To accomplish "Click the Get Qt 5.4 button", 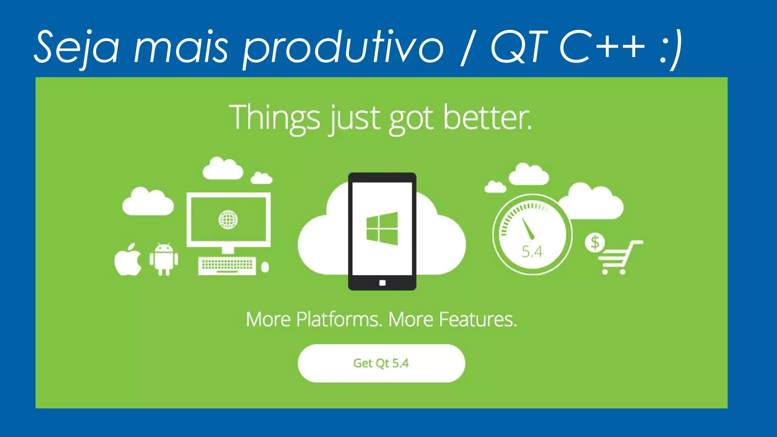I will (x=381, y=363).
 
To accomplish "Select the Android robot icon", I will (x=164, y=259).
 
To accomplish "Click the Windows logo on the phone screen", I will (x=382, y=229).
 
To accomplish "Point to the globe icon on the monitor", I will (x=228, y=220).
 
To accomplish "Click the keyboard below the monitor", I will (x=227, y=266).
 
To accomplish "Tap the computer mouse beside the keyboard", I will (x=265, y=267).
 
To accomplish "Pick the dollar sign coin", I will (x=595, y=243).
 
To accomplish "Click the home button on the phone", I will (x=382, y=283).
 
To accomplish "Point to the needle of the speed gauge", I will (x=528, y=228).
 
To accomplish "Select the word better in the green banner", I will (x=487, y=118).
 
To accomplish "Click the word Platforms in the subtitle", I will (x=338, y=319).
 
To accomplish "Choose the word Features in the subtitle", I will (x=478, y=319).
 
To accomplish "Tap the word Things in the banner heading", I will (x=275, y=118).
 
